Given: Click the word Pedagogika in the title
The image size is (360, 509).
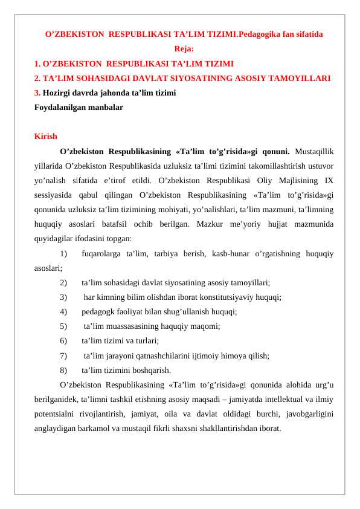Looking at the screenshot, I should tap(259, 34).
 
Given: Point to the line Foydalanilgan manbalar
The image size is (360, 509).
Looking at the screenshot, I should tap(79, 108).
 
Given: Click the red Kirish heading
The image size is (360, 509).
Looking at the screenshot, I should tap(46, 137).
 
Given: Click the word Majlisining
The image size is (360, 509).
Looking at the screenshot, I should tap(294, 180).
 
